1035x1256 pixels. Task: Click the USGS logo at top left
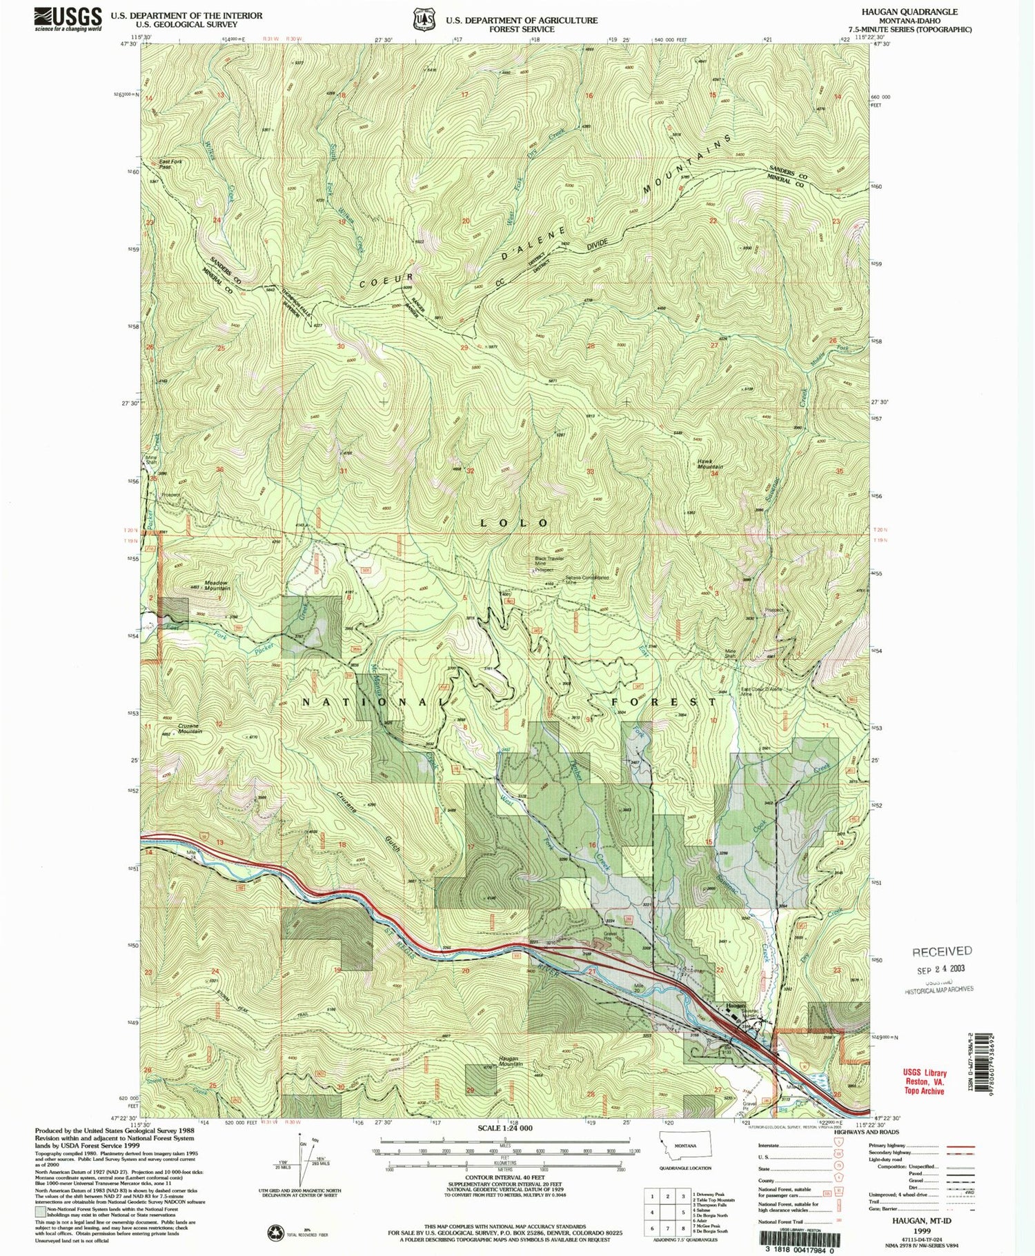(x=68, y=19)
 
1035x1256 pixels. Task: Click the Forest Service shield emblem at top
(x=423, y=20)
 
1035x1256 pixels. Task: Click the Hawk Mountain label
(x=709, y=464)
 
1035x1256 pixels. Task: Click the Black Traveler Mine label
(x=549, y=561)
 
